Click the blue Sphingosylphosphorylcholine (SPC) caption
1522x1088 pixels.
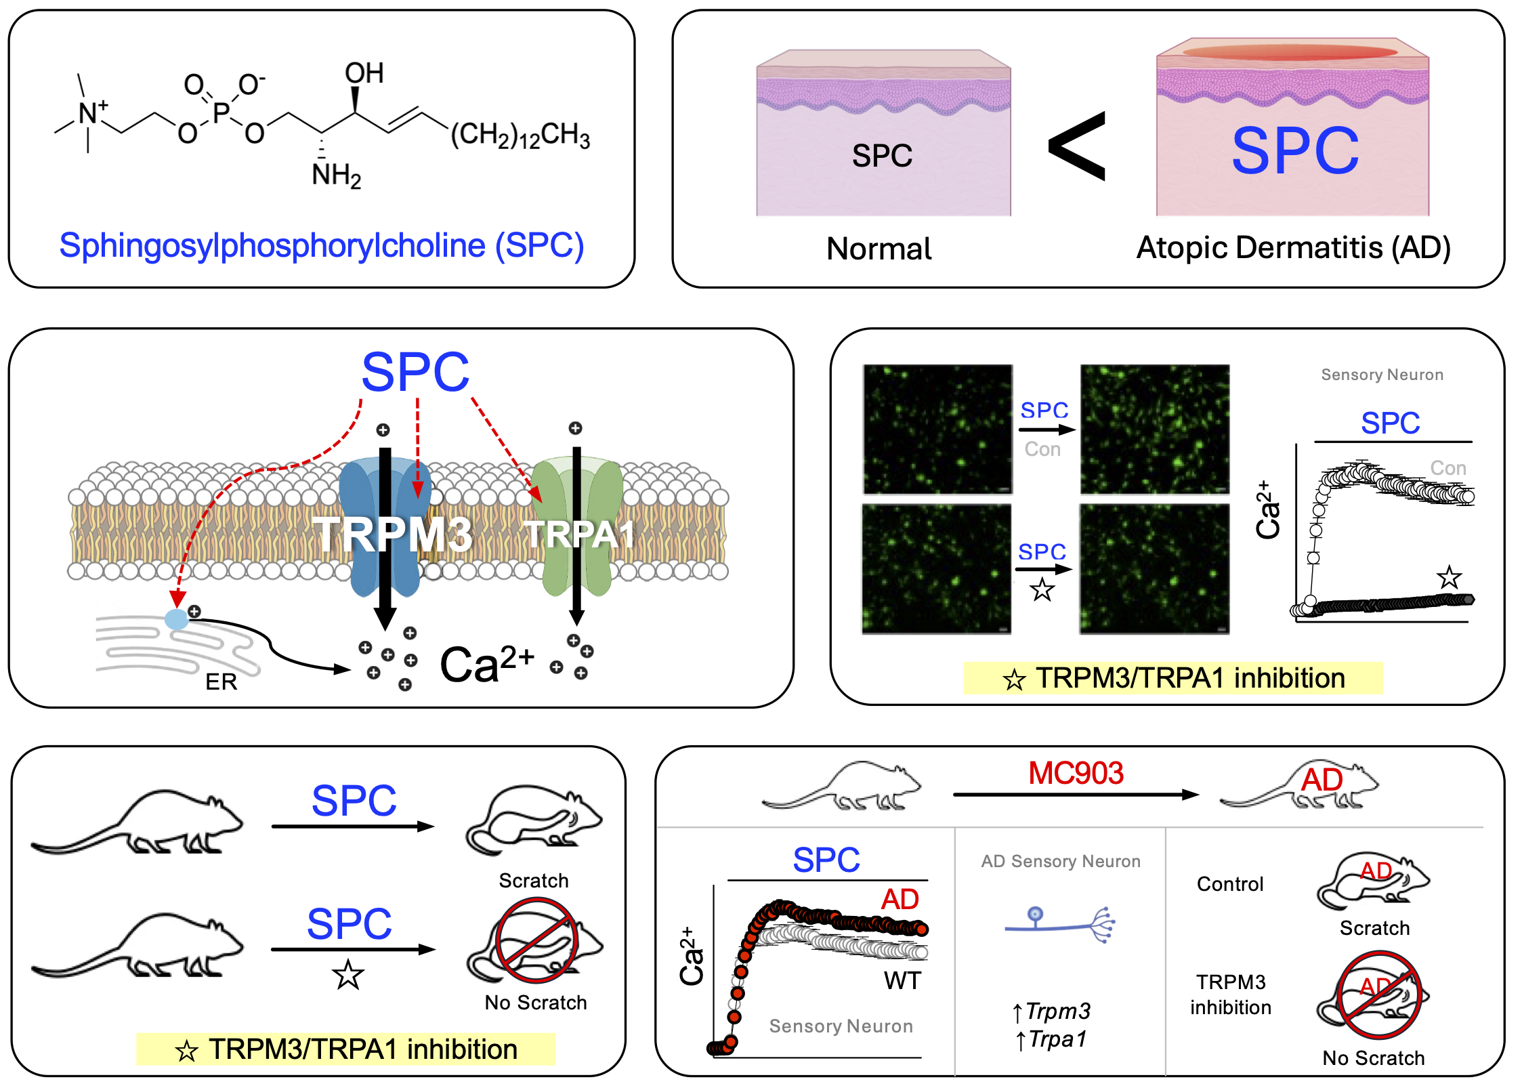(322, 245)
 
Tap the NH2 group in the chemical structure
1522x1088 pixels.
(336, 175)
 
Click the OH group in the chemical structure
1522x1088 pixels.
(364, 73)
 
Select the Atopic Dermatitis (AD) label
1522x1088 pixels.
(1293, 248)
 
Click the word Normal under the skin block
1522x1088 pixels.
(879, 249)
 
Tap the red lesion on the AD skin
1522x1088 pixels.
(1290, 52)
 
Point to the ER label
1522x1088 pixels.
(221, 682)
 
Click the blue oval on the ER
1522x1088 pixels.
(176, 619)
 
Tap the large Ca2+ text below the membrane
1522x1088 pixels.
(487, 664)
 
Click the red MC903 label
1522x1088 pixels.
(1076, 773)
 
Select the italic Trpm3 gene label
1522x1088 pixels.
(1057, 1011)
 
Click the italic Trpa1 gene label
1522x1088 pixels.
(1057, 1039)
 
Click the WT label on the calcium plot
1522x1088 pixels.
(902, 980)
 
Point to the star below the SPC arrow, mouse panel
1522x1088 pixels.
(348, 976)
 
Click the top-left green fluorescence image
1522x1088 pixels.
(937, 430)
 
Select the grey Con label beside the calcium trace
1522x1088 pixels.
(1447, 468)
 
